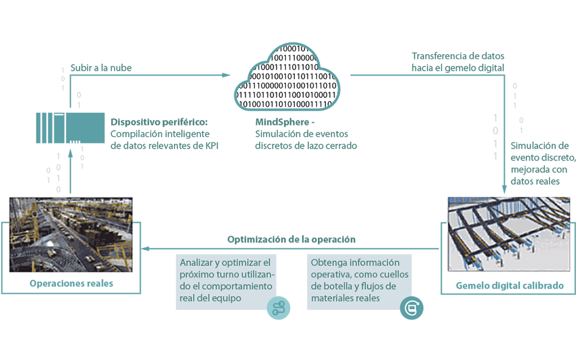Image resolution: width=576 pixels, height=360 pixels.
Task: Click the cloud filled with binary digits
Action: (287, 78)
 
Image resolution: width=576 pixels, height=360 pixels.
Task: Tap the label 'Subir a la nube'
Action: (101, 68)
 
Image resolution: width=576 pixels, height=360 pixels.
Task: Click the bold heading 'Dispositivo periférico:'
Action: (158, 122)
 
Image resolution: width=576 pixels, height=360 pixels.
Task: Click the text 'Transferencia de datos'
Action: (458, 56)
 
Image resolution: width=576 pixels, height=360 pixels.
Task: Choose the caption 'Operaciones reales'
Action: (71, 283)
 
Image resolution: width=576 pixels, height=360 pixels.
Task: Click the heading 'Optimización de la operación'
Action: (291, 239)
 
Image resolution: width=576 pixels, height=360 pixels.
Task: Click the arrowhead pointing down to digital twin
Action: (505, 188)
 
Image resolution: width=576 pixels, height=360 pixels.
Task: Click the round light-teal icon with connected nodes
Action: (279, 308)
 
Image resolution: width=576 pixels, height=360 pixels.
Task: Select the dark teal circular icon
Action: (411, 308)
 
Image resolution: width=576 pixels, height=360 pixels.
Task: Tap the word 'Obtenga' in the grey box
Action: (327, 262)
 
